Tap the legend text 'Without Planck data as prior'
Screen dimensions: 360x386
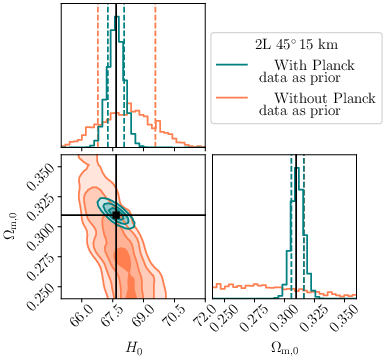click(x=305, y=105)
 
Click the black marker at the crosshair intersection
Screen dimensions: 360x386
click(x=116, y=215)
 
